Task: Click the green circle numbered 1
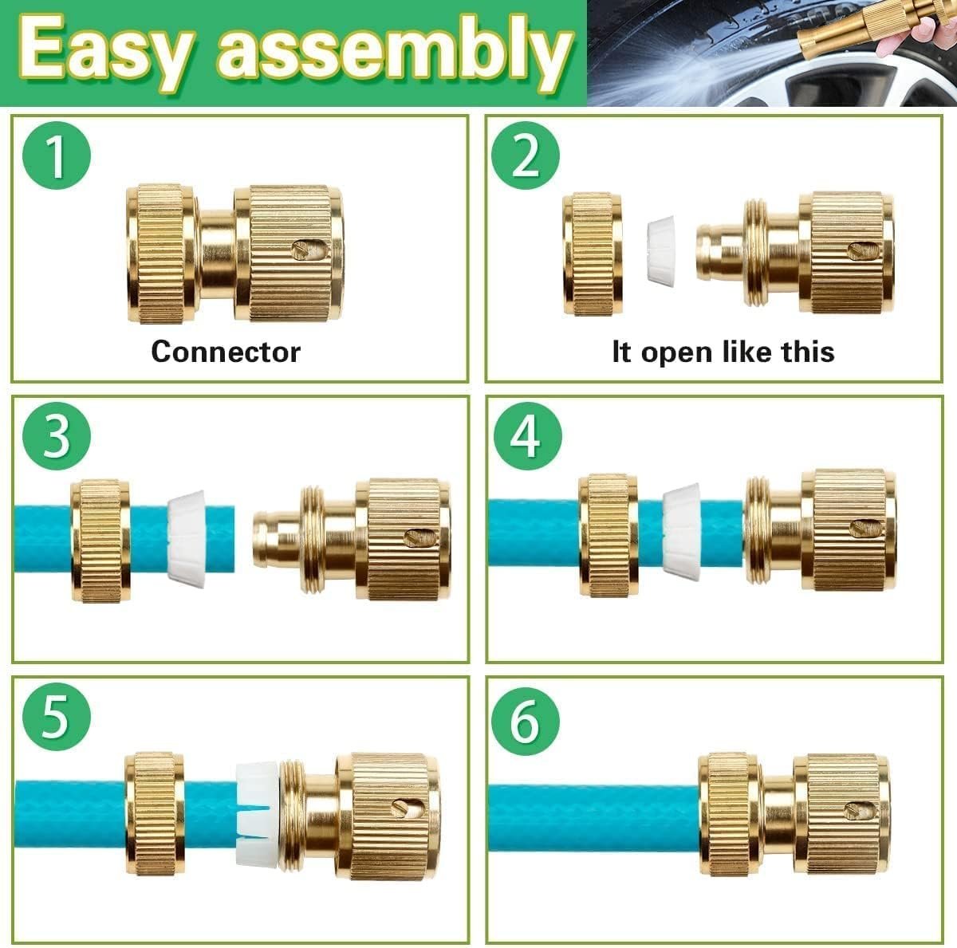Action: point(57,156)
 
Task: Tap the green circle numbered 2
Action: point(525,156)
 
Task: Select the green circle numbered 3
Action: point(57,436)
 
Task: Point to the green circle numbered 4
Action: point(527,436)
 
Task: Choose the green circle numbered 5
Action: point(57,717)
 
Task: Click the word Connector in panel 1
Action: point(226,352)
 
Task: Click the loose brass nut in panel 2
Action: point(593,254)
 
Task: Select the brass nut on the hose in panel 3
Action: point(100,541)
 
